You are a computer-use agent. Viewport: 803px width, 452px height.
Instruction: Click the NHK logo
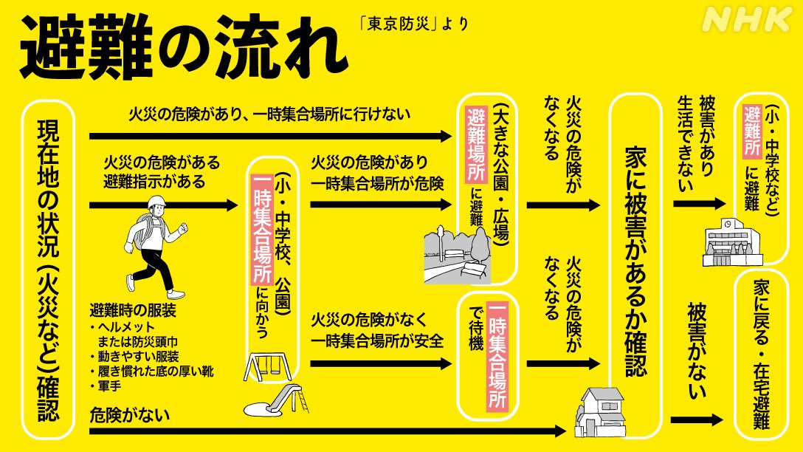pyautogui.click(x=747, y=19)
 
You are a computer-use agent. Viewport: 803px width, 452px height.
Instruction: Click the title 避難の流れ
pyautogui.click(x=184, y=48)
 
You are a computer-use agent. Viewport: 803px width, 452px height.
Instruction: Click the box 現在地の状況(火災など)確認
pyautogui.click(x=48, y=270)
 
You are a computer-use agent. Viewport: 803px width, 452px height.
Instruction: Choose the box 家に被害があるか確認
pyautogui.click(x=635, y=264)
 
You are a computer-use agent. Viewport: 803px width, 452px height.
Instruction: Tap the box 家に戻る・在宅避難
pyautogui.click(x=761, y=355)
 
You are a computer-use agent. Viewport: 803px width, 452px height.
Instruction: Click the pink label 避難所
pyautogui.click(x=752, y=131)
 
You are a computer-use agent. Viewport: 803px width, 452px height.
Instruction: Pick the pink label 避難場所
pyautogui.click(x=476, y=145)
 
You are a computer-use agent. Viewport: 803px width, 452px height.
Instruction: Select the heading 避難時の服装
pyautogui.click(x=133, y=310)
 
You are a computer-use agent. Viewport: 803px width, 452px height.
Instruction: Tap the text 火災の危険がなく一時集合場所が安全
pyautogui.click(x=377, y=330)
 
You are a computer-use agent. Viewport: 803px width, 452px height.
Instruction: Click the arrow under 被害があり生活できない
pyautogui.click(x=699, y=203)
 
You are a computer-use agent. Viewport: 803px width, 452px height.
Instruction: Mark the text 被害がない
pyautogui.click(x=697, y=351)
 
